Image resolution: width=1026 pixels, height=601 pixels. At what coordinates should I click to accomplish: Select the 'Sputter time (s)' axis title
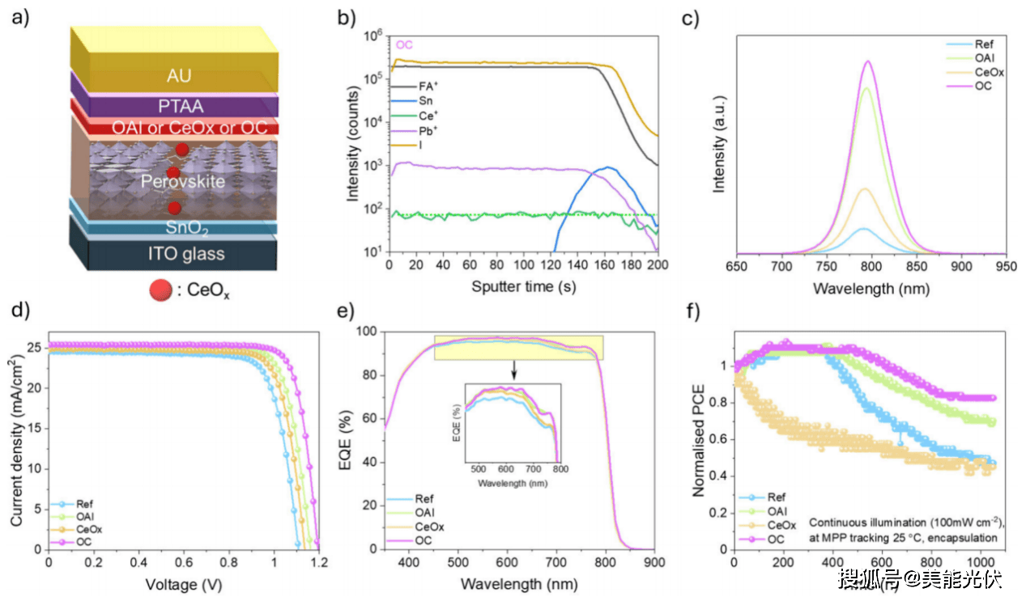click(x=523, y=287)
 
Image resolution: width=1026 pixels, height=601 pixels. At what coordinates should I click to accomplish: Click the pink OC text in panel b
click(x=404, y=44)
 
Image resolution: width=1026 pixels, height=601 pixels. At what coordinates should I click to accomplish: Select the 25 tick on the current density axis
click(x=36, y=346)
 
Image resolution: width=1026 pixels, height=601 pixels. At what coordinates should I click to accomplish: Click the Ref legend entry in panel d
click(x=84, y=501)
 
